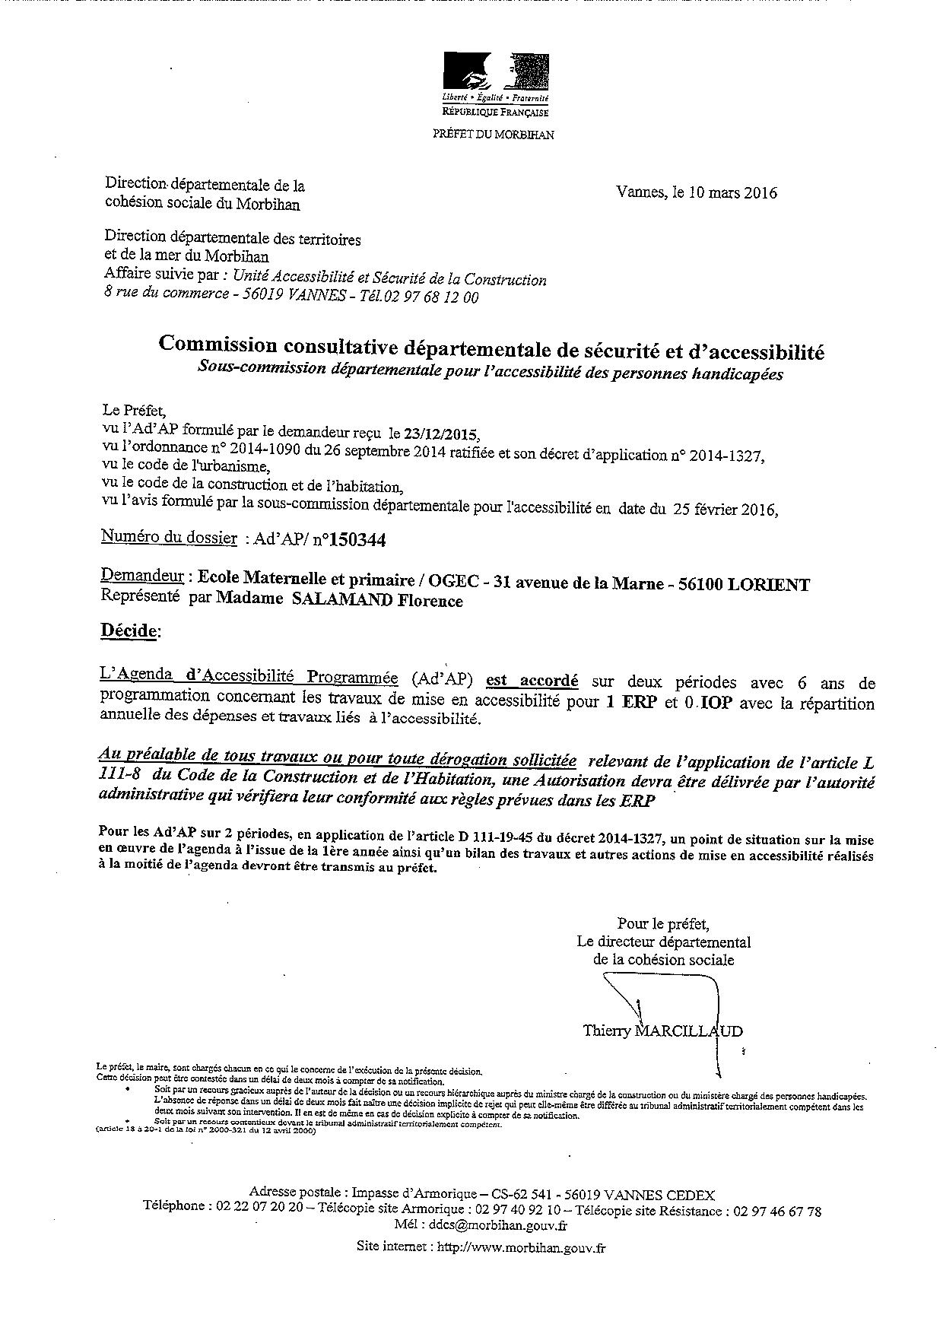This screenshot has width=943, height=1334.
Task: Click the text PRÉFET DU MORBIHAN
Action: pos(494,135)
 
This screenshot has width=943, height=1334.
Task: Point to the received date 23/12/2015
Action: pos(442,435)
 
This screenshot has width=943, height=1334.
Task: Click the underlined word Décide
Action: pos(130,630)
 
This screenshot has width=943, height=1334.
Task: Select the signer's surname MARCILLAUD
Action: pos(688,1031)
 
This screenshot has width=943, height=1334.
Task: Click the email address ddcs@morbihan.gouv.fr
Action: pos(497,1224)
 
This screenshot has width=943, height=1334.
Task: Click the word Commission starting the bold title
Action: pos(218,345)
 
